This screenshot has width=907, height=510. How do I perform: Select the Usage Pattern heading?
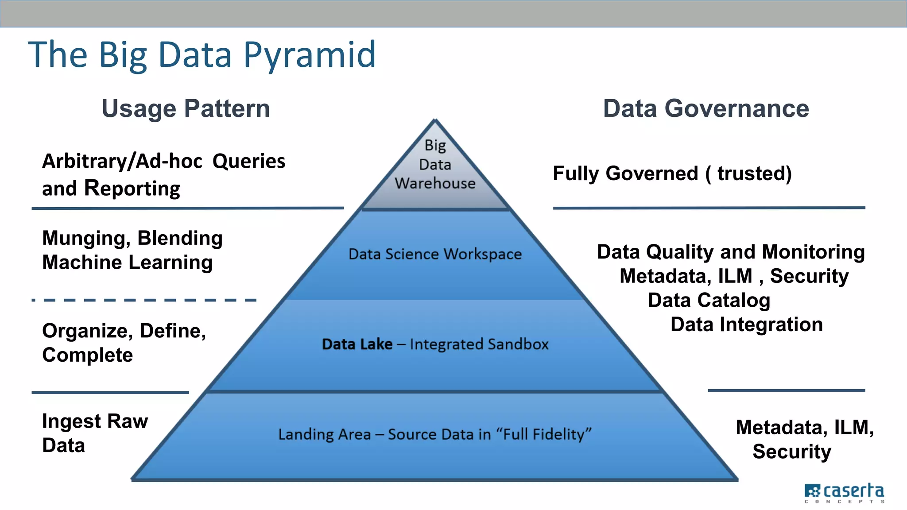[x=186, y=108]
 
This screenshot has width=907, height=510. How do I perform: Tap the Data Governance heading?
[x=706, y=108]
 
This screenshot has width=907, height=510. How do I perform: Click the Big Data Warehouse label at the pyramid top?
[x=435, y=164]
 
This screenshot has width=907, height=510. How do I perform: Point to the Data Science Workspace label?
[x=435, y=254]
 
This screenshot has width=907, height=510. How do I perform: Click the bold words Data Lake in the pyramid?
[x=357, y=344]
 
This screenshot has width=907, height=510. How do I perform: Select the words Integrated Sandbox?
[x=479, y=344]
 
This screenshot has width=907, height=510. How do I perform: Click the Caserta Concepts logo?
[x=844, y=493]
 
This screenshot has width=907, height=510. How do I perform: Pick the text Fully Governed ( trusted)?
[x=672, y=173]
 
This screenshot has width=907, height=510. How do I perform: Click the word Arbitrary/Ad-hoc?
[x=122, y=161]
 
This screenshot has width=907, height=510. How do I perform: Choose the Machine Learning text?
[x=128, y=262]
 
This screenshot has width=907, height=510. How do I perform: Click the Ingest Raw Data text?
[x=95, y=433]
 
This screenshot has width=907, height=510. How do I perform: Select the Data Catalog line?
[x=709, y=300]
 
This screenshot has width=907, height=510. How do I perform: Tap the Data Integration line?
[x=747, y=325]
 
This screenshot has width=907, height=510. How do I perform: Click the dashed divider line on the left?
[x=144, y=300]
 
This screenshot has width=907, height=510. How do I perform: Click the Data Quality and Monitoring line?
[x=731, y=252]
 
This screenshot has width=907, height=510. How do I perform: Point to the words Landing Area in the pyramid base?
[x=324, y=434]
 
